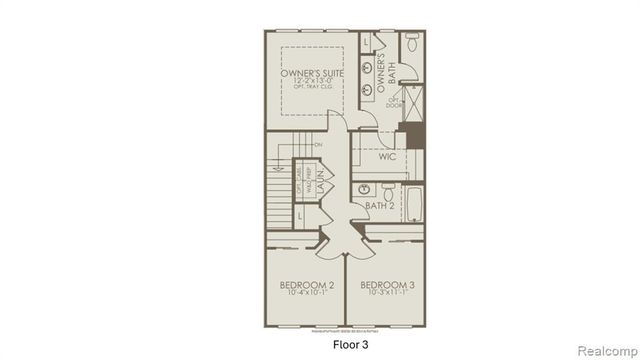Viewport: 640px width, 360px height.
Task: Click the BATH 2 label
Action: coord(379,206)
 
